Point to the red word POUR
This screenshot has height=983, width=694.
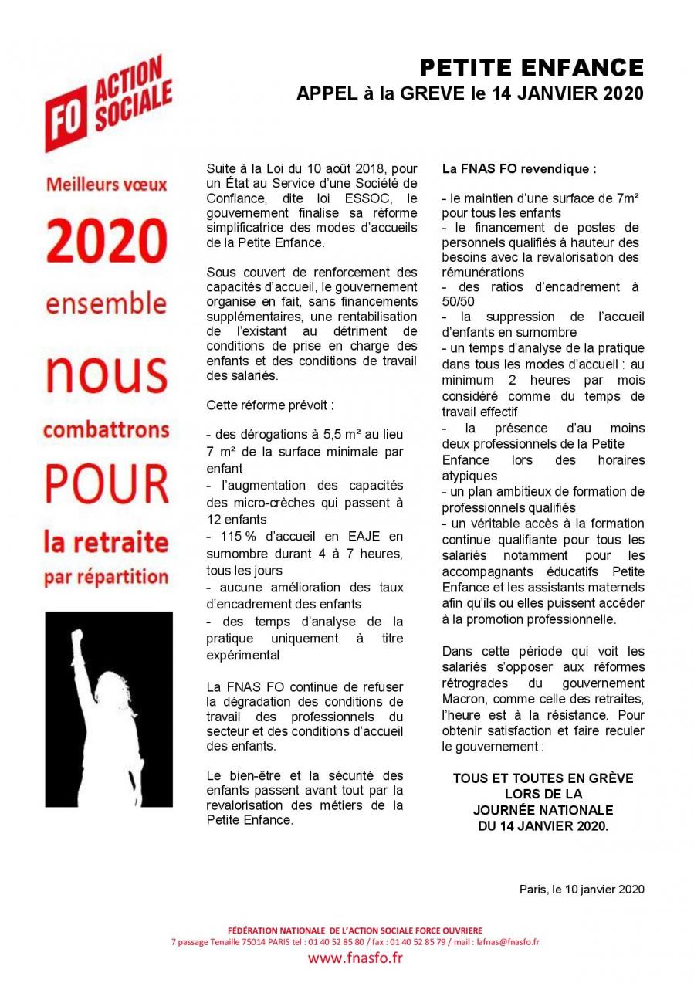106,481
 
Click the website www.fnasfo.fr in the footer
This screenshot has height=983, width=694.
355,958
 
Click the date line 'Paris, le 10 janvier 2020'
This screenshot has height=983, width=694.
581,889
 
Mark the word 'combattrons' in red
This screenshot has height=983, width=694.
106,429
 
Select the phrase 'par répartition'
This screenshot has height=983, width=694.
106,578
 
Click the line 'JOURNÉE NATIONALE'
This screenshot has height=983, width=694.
543,810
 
